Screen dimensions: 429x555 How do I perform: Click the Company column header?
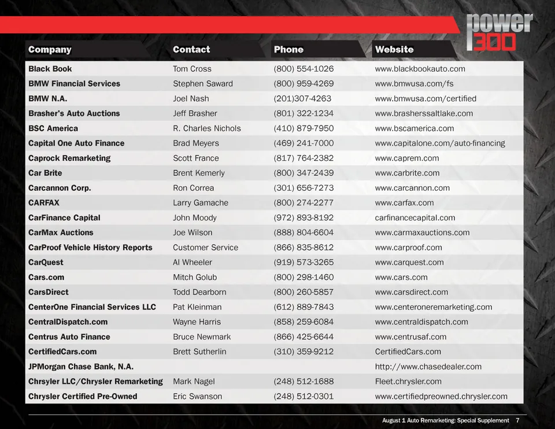(x=50, y=50)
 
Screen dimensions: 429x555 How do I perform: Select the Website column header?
(x=394, y=50)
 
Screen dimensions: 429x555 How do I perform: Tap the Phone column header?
(x=288, y=50)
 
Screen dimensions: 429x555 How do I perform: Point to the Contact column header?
(x=191, y=50)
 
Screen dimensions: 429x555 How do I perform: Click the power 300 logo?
(x=499, y=32)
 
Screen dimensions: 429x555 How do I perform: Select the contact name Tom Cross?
(x=192, y=69)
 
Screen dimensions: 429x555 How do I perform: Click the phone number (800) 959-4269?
(x=304, y=84)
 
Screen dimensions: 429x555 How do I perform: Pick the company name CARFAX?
(x=44, y=203)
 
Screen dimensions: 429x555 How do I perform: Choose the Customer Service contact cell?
(x=205, y=247)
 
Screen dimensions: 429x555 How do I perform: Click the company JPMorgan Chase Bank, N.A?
(x=81, y=367)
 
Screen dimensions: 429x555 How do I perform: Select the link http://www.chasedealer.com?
(x=428, y=367)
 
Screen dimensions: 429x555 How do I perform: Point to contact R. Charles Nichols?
(x=206, y=128)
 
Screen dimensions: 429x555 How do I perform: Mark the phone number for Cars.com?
(x=304, y=278)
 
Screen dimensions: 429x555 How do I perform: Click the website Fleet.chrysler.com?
(x=408, y=382)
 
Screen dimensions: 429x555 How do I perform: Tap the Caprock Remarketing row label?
(x=69, y=158)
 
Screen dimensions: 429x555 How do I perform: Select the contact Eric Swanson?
(x=197, y=397)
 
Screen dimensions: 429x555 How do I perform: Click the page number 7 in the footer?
(x=517, y=420)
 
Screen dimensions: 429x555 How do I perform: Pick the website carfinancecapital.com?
(x=415, y=218)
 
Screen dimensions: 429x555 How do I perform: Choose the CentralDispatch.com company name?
(x=68, y=322)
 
